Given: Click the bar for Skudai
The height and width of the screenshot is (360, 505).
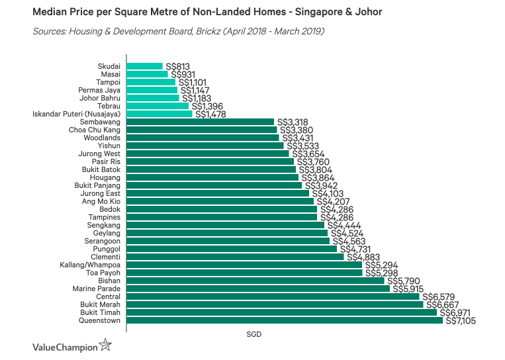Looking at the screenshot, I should tap(144, 66).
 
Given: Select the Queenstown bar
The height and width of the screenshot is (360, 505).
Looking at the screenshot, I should tap(284, 320).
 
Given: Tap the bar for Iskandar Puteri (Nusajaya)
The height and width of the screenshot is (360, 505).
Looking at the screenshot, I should tap(159, 114).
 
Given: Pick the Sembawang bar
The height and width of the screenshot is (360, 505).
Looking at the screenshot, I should tap(200, 122).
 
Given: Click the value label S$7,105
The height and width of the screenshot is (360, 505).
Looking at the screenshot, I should tap(461, 321).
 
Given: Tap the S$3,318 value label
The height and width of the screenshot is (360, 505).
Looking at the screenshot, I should tap(292, 122).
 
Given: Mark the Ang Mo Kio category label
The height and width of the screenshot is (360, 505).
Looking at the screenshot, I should tap(102, 201).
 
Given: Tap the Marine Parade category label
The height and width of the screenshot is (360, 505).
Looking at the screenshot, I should tap(97, 289).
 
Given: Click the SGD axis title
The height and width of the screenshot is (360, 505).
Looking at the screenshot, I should tap(254, 334).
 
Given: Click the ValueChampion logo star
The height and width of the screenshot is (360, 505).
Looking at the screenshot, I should tap(105, 345).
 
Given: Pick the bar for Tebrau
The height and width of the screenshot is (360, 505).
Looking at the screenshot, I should tap(158, 106).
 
